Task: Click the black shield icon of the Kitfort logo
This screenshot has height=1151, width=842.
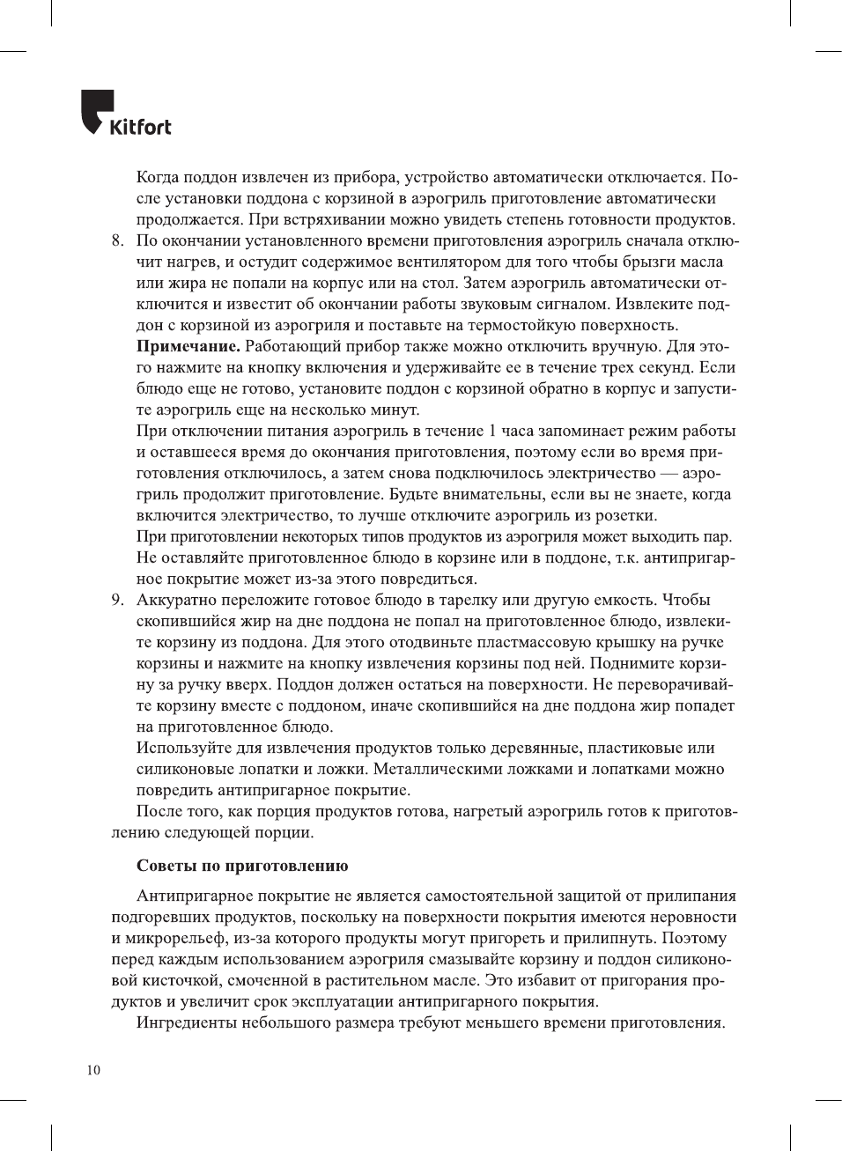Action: click(x=97, y=111)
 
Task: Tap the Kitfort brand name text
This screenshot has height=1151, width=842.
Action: click(x=140, y=128)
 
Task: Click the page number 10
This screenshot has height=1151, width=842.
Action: click(x=93, y=1070)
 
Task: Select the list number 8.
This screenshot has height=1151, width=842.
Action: click(x=117, y=241)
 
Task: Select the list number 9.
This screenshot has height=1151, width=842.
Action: click(x=117, y=601)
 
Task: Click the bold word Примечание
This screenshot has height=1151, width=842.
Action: click(x=188, y=347)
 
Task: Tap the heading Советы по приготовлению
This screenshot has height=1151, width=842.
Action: click(x=242, y=867)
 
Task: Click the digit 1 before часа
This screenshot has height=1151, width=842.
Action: click(x=493, y=432)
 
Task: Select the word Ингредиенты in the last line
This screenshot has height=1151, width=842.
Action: click(x=187, y=1023)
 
